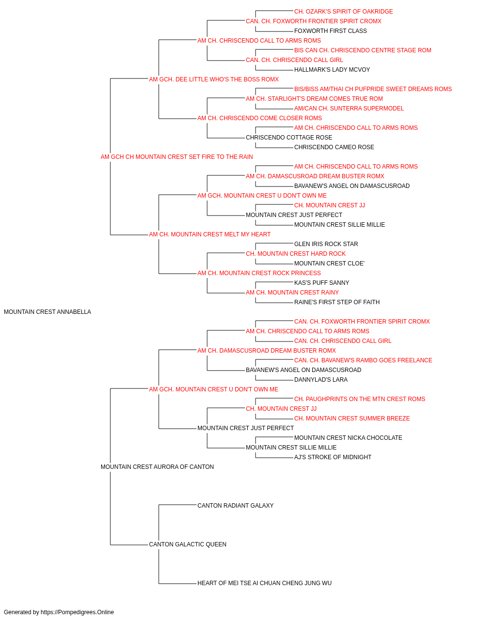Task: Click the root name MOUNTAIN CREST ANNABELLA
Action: pyautogui.click(x=47, y=312)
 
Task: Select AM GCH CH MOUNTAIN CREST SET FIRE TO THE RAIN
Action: pyautogui.click(x=177, y=157)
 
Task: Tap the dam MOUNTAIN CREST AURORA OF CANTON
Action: pyautogui.click(x=157, y=467)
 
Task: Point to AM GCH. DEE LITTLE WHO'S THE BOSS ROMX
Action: pyautogui.click(x=214, y=79)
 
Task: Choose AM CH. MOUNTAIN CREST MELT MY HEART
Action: pyautogui.click(x=210, y=234)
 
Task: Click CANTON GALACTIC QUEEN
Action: pyautogui.click(x=188, y=544)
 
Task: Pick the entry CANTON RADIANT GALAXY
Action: pyautogui.click(x=235, y=506)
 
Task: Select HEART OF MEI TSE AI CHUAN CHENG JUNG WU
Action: pyautogui.click(x=265, y=583)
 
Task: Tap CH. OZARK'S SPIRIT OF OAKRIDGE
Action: pyautogui.click(x=344, y=12)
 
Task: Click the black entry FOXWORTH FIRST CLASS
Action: pyautogui.click(x=331, y=31)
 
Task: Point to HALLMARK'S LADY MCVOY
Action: pyautogui.click(x=332, y=70)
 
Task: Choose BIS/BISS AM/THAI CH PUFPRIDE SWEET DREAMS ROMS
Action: pyautogui.click(x=373, y=89)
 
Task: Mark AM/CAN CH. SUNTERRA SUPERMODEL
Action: pyautogui.click(x=349, y=108)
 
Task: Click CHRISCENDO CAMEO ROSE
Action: pyautogui.click(x=334, y=147)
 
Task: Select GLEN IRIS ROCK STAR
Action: pyautogui.click(x=326, y=244)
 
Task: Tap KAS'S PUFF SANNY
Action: pyautogui.click(x=321, y=283)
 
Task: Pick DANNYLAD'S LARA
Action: pyautogui.click(x=321, y=379)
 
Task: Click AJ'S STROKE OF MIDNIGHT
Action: pyautogui.click(x=333, y=457)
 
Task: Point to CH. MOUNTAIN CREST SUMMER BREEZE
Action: pyautogui.click(x=352, y=418)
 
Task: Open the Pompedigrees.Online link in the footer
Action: pyautogui.click(x=77, y=612)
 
